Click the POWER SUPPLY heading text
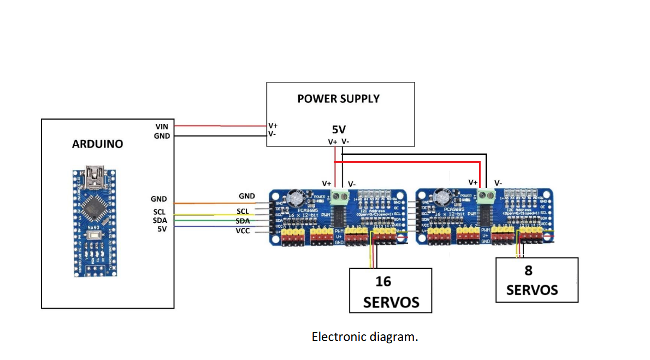[338, 99]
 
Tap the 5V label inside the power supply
[339, 130]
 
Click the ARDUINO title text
[97, 144]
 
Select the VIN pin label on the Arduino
[162, 126]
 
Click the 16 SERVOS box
[391, 291]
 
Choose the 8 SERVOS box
[536, 280]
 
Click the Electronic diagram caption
[364, 337]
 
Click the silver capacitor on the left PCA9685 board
[299, 198]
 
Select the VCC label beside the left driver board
[243, 231]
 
